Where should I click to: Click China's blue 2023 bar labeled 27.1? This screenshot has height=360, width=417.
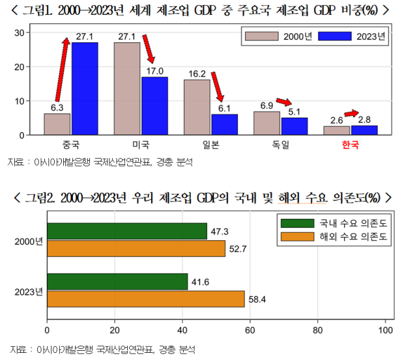click(85, 89)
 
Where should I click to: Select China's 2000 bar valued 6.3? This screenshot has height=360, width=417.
click(57, 124)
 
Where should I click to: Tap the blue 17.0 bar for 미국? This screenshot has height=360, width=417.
click(154, 105)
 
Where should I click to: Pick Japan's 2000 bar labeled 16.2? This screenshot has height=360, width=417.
click(197, 107)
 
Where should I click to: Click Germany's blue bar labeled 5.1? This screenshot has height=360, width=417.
click(294, 126)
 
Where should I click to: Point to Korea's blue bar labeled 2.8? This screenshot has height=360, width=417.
click(364, 130)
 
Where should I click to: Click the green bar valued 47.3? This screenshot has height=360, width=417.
click(127, 231)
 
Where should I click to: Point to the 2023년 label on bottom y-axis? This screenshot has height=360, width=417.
click(28, 290)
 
